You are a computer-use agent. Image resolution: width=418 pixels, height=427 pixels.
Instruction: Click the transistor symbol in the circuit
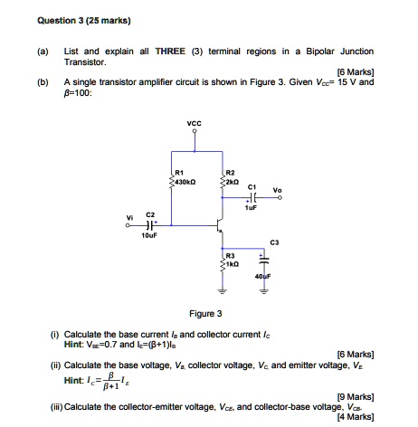point(217,219)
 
